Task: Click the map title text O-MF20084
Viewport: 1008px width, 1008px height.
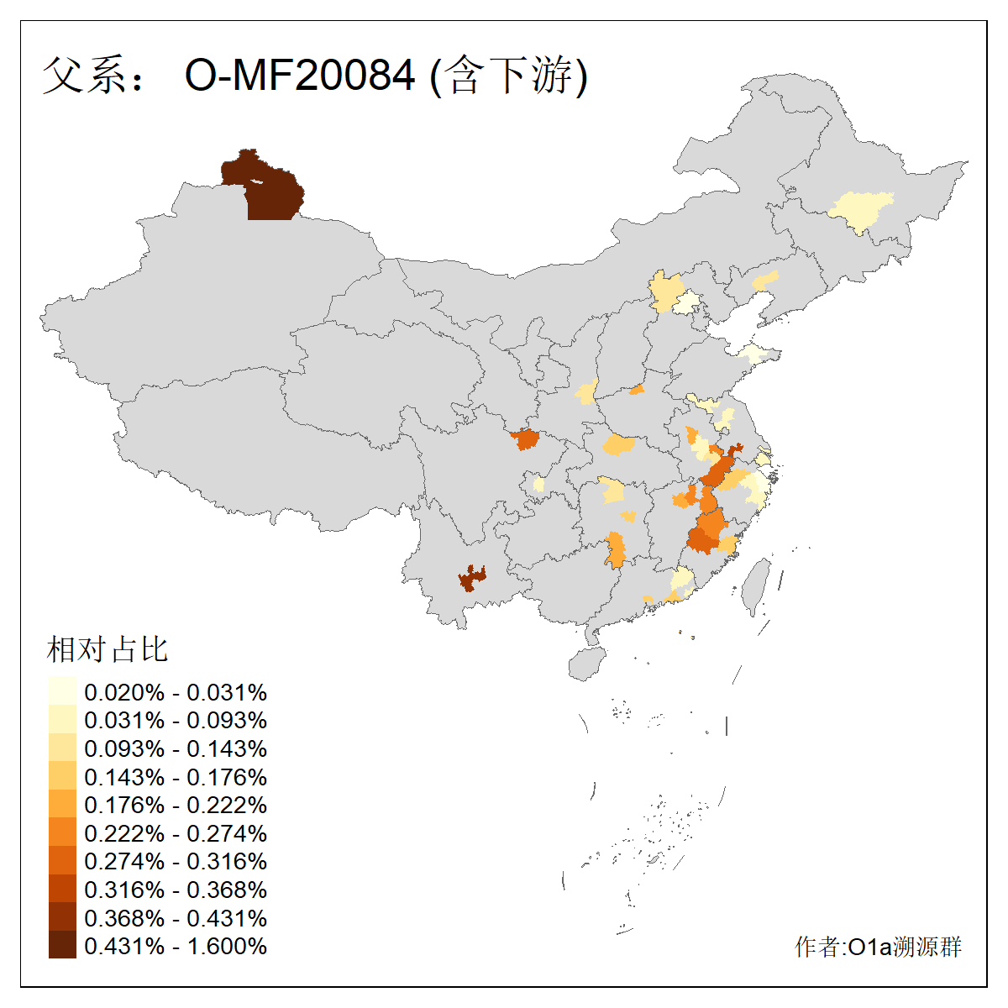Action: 300,76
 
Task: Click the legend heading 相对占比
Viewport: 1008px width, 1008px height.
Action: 108,649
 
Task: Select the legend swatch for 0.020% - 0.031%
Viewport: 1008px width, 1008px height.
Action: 62,691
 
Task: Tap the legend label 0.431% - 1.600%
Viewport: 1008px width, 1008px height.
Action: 176,946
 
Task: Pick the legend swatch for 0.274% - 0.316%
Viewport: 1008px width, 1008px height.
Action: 62,861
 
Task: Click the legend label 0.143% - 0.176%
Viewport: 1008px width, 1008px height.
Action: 176,777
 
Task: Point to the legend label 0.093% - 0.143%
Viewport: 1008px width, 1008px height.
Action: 176,748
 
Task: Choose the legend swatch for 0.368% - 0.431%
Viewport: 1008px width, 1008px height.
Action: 62,917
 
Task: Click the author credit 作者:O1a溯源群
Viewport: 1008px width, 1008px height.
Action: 878,947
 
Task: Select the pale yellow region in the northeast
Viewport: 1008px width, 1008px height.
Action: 861,210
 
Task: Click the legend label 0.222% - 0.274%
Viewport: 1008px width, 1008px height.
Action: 176,833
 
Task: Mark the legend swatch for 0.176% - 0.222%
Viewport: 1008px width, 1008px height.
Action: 62,805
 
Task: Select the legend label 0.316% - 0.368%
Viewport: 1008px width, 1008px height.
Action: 176,890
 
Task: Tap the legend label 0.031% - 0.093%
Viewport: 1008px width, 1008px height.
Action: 176,720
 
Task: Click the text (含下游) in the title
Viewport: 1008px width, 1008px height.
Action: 509,76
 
